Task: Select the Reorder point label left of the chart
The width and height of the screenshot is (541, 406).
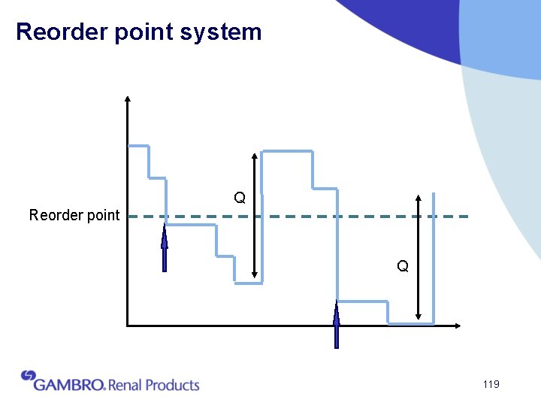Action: click(x=74, y=216)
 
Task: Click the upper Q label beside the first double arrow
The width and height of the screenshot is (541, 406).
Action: click(x=239, y=198)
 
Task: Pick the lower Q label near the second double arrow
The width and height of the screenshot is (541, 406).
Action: click(x=403, y=266)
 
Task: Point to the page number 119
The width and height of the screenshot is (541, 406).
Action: click(x=491, y=384)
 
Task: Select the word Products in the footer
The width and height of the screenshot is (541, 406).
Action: click(x=172, y=385)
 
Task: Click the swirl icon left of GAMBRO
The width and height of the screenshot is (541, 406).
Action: click(x=29, y=375)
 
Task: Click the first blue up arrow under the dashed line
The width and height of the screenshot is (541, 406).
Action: click(x=164, y=248)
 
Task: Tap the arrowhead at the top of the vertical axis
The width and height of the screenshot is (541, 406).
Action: click(x=128, y=98)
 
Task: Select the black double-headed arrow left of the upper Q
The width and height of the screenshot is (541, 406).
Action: click(x=255, y=216)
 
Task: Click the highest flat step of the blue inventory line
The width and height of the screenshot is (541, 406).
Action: click(x=286, y=151)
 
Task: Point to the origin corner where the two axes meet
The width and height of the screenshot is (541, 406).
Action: click(x=128, y=326)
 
